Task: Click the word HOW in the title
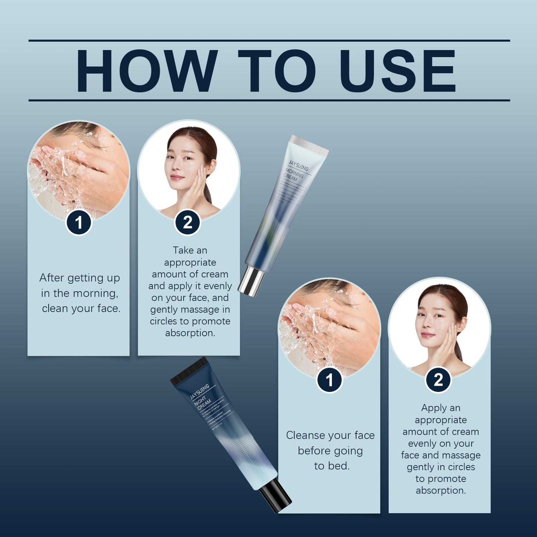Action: [147, 71]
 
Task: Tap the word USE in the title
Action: [397, 71]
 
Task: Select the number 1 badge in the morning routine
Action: [79, 223]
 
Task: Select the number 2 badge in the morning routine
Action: [188, 223]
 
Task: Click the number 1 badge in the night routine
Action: [329, 380]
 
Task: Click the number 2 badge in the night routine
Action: [439, 380]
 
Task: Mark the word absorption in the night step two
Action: [441, 491]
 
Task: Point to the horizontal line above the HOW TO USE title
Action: [269, 40]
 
